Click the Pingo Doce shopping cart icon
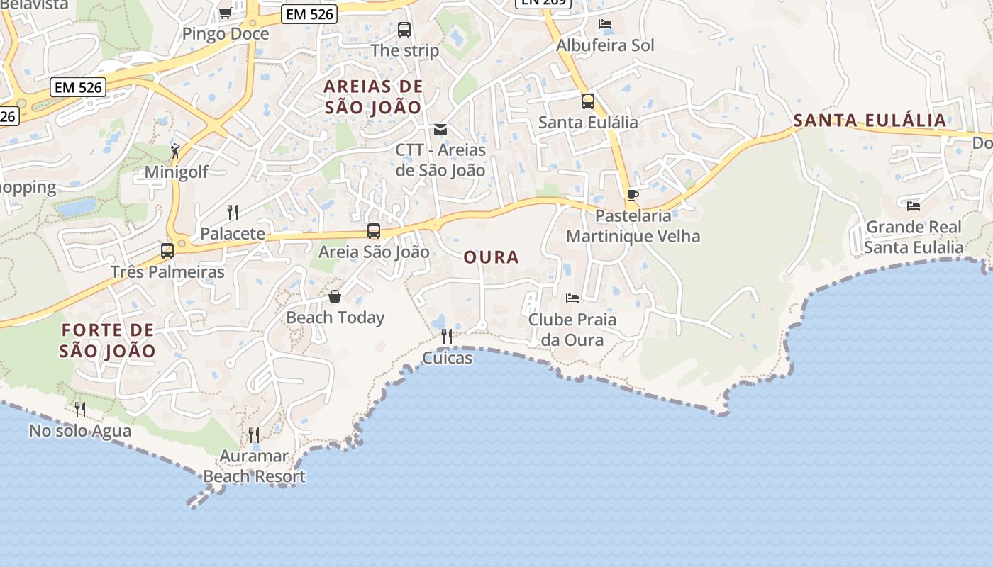(x=225, y=13)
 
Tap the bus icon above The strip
(x=404, y=30)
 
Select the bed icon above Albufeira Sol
(x=605, y=24)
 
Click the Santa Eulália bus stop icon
(x=588, y=101)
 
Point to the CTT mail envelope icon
(x=440, y=130)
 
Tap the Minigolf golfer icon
(x=175, y=151)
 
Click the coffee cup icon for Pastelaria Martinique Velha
(x=633, y=195)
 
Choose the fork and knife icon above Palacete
(x=232, y=212)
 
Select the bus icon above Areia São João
(x=374, y=231)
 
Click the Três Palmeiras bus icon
(x=167, y=250)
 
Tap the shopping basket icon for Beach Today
(x=335, y=296)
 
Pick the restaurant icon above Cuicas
(x=447, y=337)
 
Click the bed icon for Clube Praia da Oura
(x=572, y=298)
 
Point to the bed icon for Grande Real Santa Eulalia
(x=914, y=206)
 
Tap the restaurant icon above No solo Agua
(x=80, y=409)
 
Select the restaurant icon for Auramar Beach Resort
(x=254, y=434)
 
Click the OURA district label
(x=492, y=257)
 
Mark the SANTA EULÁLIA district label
(x=870, y=120)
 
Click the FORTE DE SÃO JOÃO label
(x=108, y=340)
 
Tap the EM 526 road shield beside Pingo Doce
(x=309, y=14)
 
